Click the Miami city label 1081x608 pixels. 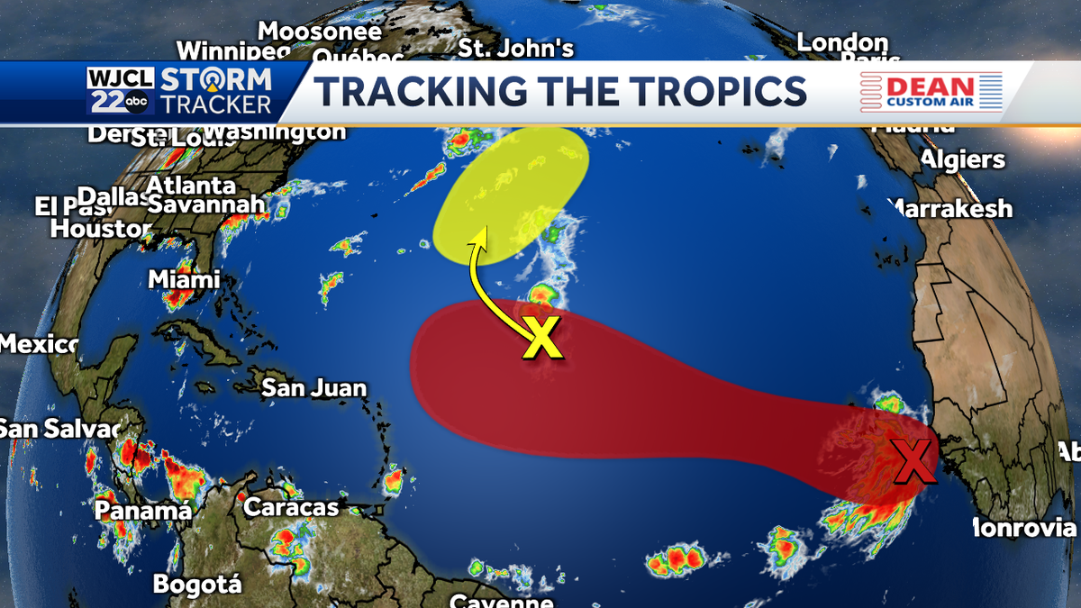[x=184, y=279]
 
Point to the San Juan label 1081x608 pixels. [x=313, y=388]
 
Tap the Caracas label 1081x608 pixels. [x=291, y=507]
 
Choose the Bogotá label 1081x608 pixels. [x=197, y=585]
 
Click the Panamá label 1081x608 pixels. [x=144, y=511]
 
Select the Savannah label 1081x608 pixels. [x=207, y=204]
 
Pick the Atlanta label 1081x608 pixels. [x=191, y=186]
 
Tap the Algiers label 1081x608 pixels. [x=962, y=159]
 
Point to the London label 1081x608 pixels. [x=842, y=42]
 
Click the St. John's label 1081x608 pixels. [x=516, y=47]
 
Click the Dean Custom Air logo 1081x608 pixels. [x=931, y=91]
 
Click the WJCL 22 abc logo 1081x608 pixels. [x=121, y=91]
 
